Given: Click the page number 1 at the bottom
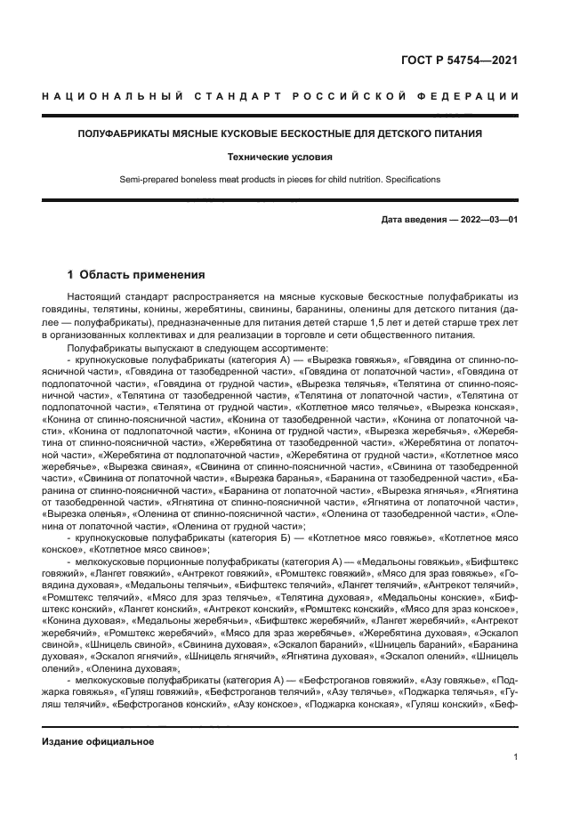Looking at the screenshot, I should click(515, 757).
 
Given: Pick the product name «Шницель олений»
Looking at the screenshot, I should click(487, 655).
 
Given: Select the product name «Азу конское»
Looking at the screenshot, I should click(266, 704).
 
